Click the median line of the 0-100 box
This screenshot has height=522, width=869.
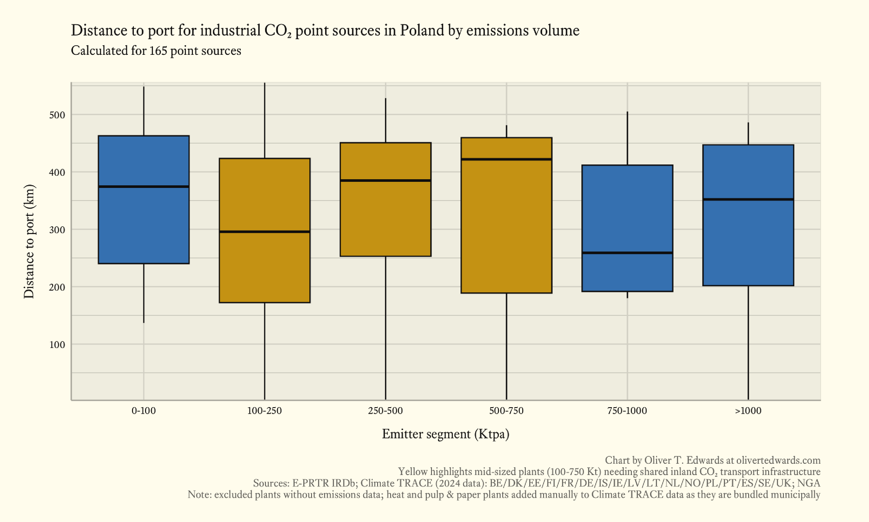point(143,187)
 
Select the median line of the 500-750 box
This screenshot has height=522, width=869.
point(506,159)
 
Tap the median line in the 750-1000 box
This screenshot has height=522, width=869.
point(627,253)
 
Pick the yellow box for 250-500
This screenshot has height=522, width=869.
point(385,217)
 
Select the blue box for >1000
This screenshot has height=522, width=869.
point(748,244)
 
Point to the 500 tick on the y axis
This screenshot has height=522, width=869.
point(57,115)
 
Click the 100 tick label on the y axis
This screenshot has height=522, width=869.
point(57,345)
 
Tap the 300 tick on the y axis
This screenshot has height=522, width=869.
point(57,230)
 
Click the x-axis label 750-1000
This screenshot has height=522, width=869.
point(627,411)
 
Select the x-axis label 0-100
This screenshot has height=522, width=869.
point(143,411)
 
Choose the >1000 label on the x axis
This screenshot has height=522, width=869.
point(748,411)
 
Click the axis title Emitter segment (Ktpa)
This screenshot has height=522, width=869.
point(445,434)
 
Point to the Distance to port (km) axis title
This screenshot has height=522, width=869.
point(29,241)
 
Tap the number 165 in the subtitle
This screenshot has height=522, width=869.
point(158,51)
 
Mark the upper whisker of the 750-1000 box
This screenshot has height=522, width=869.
point(627,138)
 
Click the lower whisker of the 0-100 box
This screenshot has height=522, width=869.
point(143,293)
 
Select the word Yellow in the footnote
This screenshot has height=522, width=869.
point(412,472)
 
